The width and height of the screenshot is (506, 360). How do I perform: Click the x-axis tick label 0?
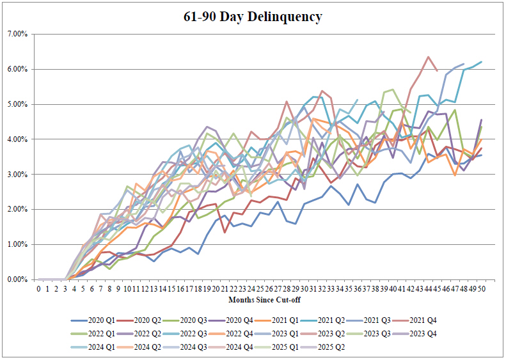[38, 289]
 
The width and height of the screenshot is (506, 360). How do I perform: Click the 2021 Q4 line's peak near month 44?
[427, 57]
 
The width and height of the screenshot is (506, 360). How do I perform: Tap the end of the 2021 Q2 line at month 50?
[480, 61]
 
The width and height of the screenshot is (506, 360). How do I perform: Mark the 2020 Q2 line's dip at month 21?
[225, 231]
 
